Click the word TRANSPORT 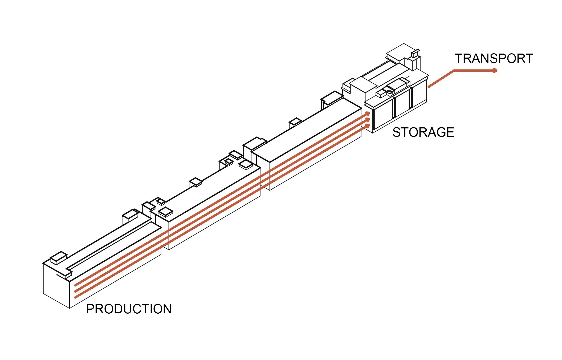coord(494,59)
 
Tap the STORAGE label coord(423,132)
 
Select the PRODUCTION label coord(129,309)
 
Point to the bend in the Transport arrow coord(454,71)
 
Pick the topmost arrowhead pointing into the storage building coord(368,114)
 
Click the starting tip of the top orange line coord(75,285)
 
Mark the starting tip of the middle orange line coord(75,291)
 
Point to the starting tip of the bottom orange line coord(75,297)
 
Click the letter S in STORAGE coord(397,132)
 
